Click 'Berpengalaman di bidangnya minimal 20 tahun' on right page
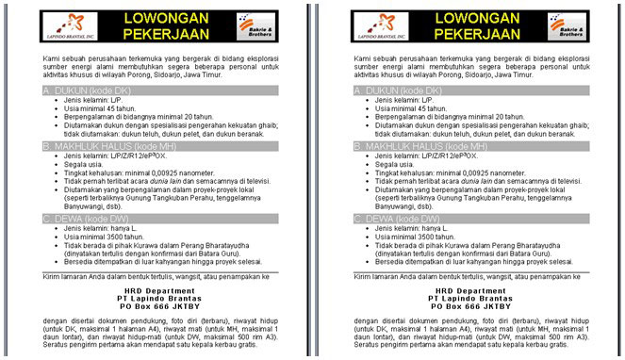(449, 116)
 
